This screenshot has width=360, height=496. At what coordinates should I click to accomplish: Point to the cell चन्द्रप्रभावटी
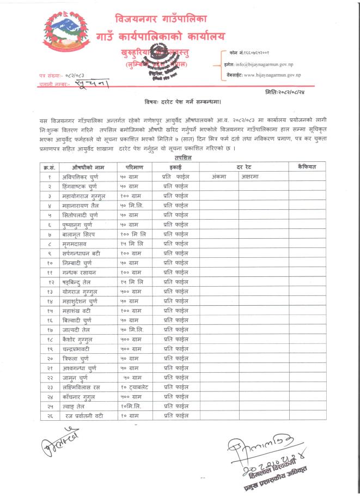click(81, 348)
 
